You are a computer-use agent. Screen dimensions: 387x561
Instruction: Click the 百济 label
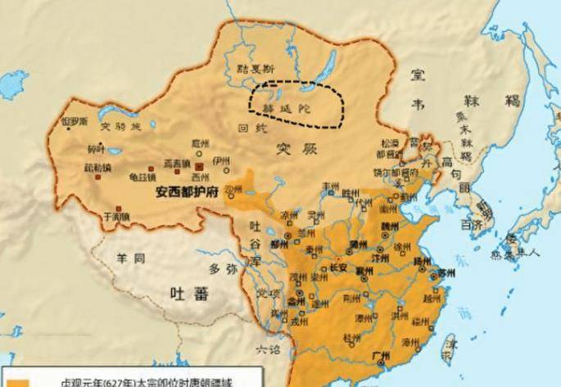[x=470, y=223]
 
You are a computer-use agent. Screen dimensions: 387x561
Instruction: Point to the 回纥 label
[x=246, y=128]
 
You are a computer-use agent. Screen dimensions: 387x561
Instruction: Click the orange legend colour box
[x=16, y=381]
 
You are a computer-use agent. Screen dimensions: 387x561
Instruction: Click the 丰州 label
[x=332, y=186]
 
